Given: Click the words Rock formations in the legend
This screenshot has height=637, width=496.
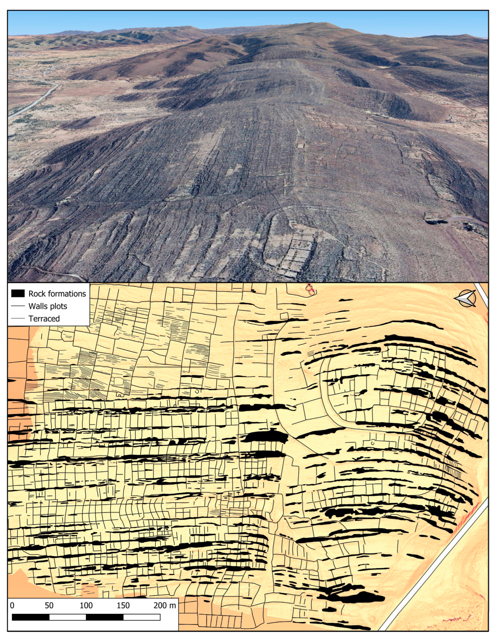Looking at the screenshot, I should pos(57,293).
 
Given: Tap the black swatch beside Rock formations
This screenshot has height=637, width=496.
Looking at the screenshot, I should pos(18,293).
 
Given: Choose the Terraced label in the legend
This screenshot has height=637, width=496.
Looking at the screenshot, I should pos(44,319).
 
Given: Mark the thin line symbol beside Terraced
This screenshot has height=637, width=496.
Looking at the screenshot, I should pos(18,319).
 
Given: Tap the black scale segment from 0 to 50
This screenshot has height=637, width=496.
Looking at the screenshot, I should pos(31,617).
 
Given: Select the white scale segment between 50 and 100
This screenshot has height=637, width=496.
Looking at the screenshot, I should pos(68,617).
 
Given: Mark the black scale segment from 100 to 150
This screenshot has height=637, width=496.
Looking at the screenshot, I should pos(105,617).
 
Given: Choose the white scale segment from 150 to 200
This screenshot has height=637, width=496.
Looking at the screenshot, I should pos(141,617).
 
